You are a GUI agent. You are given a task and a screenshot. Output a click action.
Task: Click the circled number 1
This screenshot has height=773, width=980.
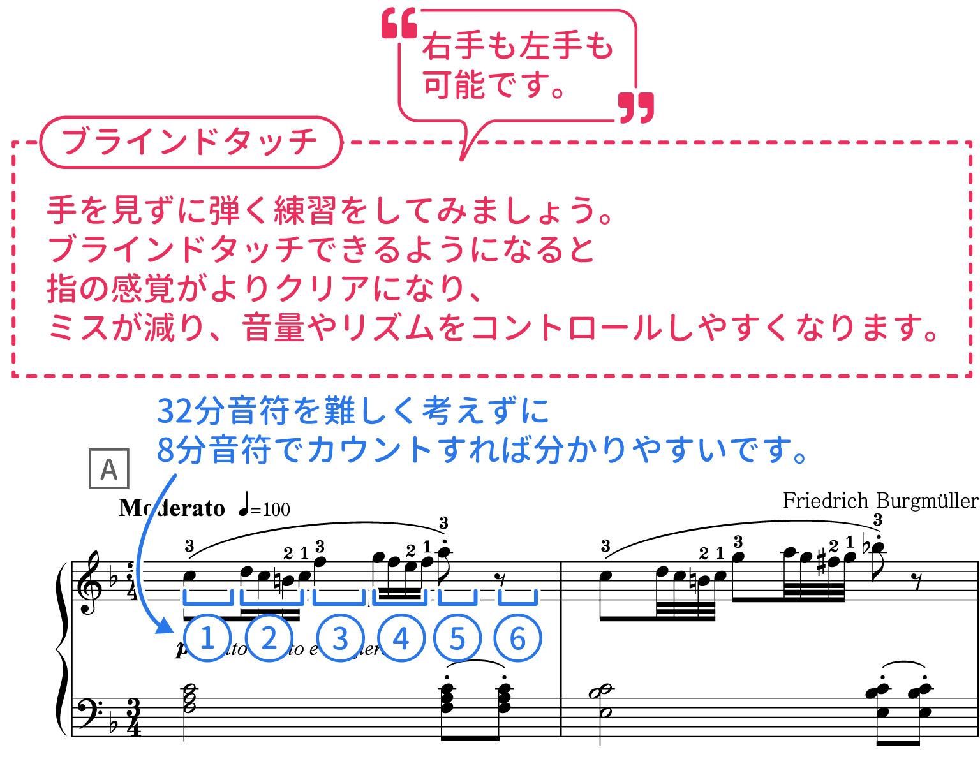point(207,638)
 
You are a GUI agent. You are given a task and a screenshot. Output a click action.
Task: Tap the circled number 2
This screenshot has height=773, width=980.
point(269,638)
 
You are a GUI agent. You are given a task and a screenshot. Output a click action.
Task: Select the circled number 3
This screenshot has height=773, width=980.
point(340,638)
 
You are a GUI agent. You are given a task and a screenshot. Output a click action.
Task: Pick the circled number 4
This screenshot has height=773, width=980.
point(401,638)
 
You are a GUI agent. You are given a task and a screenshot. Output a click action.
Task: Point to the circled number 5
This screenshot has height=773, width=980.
point(457,638)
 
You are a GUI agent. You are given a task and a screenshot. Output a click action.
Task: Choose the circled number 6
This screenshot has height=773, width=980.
point(517,638)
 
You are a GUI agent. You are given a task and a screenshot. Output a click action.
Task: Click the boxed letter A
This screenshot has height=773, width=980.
point(109,469)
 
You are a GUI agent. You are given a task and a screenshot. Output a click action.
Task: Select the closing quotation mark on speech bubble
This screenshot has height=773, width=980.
point(637,107)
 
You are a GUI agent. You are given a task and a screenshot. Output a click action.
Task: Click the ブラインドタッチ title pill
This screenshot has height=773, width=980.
point(190,142)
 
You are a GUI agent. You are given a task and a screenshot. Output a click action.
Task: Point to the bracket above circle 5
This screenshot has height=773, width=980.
point(457,598)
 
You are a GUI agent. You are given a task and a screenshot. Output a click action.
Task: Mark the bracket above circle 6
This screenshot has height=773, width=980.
point(517,598)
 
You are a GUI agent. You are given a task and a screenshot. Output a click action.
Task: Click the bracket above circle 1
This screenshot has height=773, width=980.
point(208,598)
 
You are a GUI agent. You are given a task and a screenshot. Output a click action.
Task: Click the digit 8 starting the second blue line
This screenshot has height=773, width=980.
point(165,450)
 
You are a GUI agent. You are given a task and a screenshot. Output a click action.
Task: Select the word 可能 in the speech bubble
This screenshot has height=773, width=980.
point(454,85)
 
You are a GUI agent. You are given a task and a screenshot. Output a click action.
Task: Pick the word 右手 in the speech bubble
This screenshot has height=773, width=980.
point(454,47)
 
